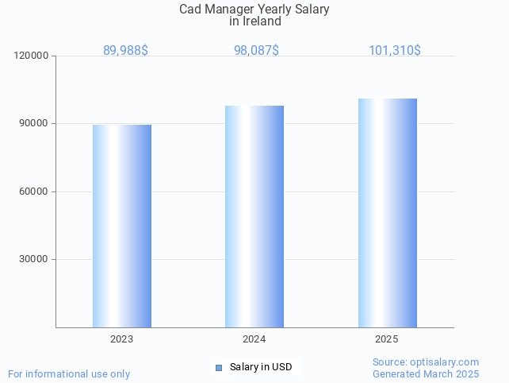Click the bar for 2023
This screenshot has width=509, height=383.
point(122,226)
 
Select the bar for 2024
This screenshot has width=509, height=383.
point(254,216)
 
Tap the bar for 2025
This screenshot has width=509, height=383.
point(387,213)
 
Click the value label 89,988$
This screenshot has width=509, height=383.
point(125,51)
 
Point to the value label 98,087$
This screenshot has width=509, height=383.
point(256,51)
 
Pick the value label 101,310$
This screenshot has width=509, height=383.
point(395,51)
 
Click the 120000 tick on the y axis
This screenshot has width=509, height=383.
point(32,56)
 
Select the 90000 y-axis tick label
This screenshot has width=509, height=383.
point(34,124)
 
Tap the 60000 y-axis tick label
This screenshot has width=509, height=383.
point(34,191)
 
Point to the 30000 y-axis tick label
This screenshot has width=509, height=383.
point(34,259)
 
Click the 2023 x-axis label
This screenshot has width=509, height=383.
point(122,339)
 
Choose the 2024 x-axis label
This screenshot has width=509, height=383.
point(254,339)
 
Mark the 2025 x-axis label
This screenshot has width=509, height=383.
point(387,339)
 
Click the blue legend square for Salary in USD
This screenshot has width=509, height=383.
point(220,367)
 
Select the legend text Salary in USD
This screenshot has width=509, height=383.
point(261,367)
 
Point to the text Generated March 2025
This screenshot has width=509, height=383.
point(426,373)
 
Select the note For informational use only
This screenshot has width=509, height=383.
point(69,373)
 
